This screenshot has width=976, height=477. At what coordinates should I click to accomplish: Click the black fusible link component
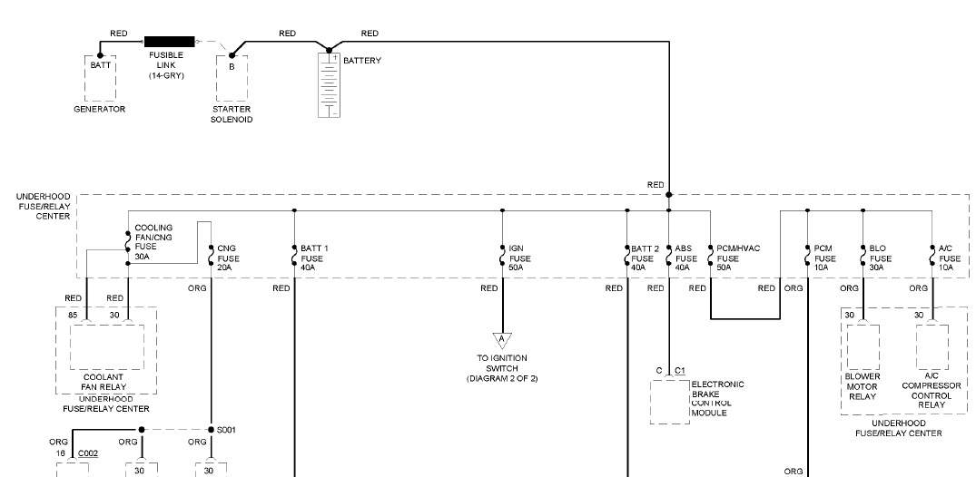click(170, 41)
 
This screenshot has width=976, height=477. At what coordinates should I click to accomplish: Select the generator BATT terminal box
click(100, 77)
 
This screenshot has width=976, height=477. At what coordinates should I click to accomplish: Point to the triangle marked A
click(501, 340)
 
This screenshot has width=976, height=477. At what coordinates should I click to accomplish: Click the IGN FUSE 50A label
click(516, 258)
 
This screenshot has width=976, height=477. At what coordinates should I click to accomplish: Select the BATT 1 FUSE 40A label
click(313, 258)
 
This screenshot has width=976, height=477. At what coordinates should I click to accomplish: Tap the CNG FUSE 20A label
click(227, 258)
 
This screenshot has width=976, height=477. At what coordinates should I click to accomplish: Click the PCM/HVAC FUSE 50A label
click(735, 258)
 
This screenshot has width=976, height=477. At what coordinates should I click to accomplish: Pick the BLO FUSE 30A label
click(877, 258)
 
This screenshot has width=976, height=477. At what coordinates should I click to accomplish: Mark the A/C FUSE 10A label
click(945, 258)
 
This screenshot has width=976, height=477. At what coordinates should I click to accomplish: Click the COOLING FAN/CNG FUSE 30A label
click(153, 242)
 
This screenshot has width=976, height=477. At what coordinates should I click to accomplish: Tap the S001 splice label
click(226, 430)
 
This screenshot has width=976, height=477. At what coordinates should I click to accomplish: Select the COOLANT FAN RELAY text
click(102, 381)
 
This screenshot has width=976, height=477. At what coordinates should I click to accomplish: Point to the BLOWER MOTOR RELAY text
click(863, 385)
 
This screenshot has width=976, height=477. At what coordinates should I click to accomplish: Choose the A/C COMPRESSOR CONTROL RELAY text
click(931, 391)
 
